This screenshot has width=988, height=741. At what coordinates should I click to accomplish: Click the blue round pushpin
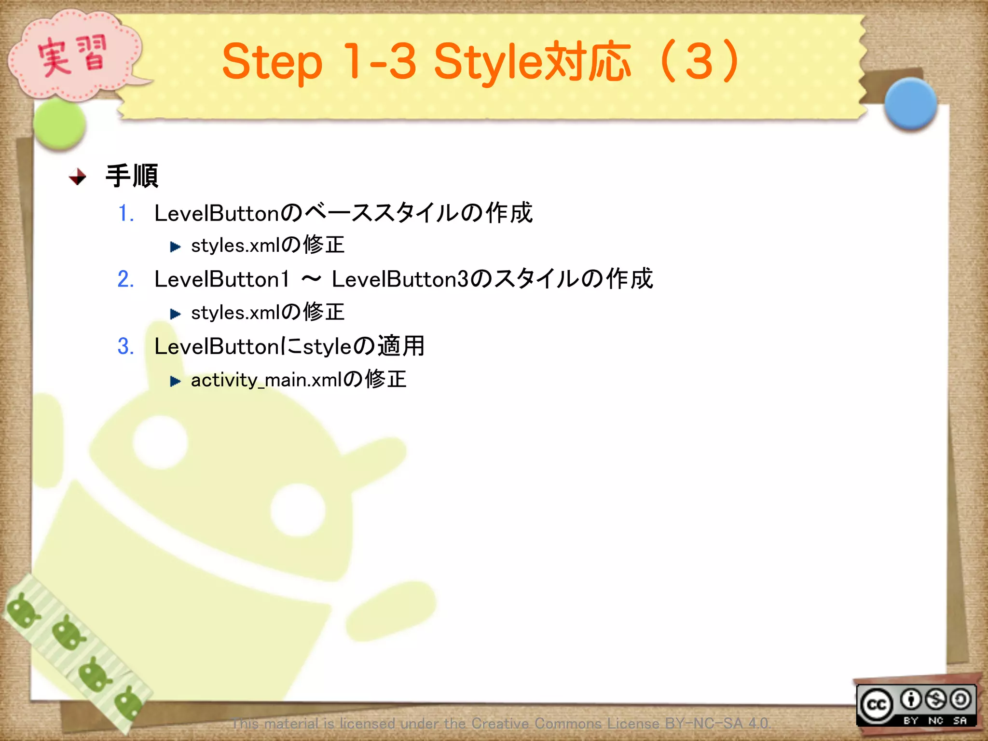(910, 104)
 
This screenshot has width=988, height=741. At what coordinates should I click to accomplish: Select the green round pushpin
(59, 124)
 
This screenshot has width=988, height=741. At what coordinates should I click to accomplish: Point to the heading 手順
(132, 176)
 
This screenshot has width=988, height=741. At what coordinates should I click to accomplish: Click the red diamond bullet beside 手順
(77, 177)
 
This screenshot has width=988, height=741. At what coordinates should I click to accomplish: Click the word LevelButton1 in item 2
(221, 279)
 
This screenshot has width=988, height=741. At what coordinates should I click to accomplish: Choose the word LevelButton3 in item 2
(400, 279)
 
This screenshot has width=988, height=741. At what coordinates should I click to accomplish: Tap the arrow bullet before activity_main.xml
(175, 382)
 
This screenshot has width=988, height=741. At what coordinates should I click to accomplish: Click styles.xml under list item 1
(235, 246)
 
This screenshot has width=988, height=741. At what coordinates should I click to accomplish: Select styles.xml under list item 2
(235, 313)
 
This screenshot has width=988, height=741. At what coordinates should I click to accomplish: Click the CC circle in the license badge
(877, 705)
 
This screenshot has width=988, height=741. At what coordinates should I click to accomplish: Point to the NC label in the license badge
(935, 720)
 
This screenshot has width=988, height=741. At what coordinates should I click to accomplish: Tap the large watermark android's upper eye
(160, 442)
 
